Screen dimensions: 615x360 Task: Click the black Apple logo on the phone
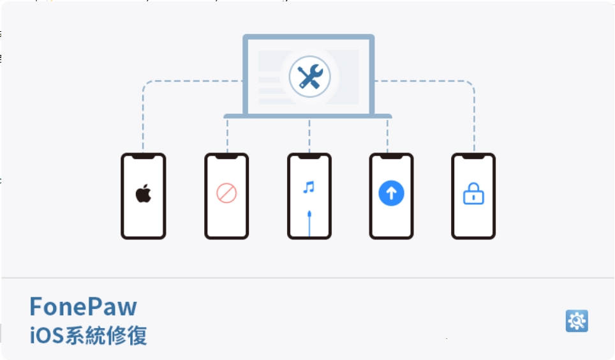coord(144,193)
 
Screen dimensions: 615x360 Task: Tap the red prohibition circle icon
coord(226,193)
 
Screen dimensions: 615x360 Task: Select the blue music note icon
coord(309,187)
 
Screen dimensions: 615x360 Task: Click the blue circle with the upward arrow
coord(391,193)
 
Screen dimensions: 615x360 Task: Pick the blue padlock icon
coord(473,193)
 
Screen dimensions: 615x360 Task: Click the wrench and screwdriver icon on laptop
coord(310,77)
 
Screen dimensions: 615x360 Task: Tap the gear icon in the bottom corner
coord(577,320)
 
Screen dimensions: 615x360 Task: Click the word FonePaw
coord(83,306)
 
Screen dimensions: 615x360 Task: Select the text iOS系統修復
coord(88,336)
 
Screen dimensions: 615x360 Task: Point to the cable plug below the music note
coord(309,214)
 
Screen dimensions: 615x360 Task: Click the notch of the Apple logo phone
coord(143,156)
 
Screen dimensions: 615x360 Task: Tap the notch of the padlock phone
coord(473,156)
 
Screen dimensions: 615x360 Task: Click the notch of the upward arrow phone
coord(391,156)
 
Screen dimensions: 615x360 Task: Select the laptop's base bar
coord(307,116)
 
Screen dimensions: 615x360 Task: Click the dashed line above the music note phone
coord(309,136)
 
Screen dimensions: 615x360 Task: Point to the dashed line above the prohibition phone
coord(227,136)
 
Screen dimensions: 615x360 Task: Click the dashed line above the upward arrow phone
coord(387,136)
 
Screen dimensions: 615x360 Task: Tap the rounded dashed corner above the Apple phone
coord(145,84)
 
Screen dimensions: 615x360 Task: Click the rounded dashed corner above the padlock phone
coord(471,84)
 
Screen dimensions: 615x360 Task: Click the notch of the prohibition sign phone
coord(226,156)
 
